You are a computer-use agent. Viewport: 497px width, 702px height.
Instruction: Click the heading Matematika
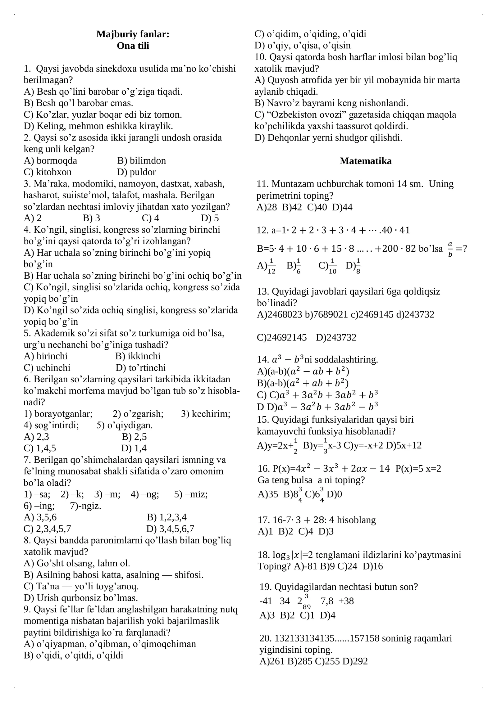click(365, 161)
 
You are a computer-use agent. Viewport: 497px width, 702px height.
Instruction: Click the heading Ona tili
click(133, 46)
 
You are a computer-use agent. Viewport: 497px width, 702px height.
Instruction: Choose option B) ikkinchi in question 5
click(138, 356)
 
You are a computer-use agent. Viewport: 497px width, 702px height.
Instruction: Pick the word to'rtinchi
click(147, 368)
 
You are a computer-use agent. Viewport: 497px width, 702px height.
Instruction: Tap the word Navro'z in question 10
click(281, 103)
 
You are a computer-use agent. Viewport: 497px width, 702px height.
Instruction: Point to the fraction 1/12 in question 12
click(271, 266)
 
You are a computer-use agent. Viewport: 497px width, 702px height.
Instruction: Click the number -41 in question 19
click(266, 601)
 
